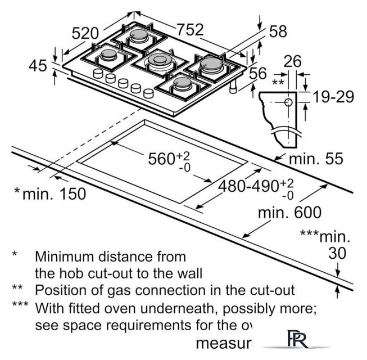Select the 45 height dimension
37,66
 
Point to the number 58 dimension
278,31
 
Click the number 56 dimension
258,73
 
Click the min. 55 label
315,159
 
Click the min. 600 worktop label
289,213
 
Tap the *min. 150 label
50,194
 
